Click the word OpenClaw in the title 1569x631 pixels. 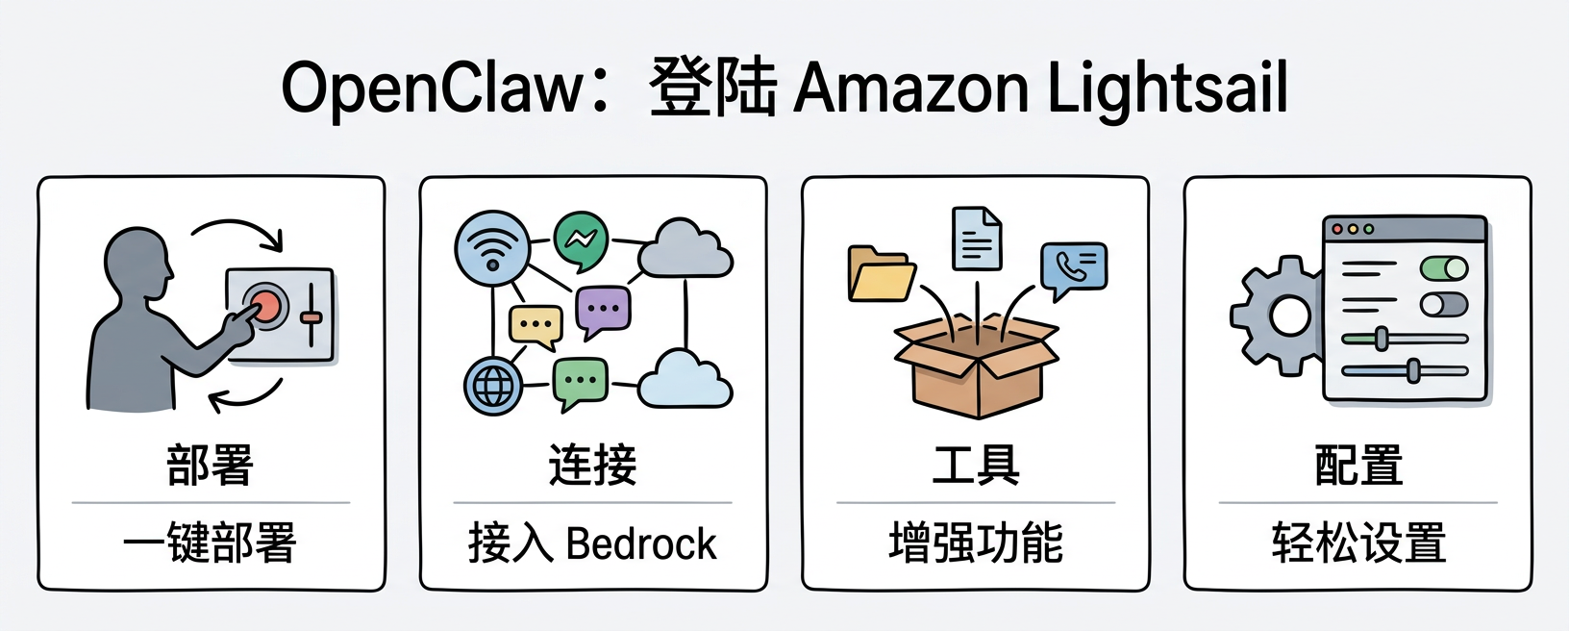[x=432, y=89]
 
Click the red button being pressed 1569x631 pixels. [x=264, y=305]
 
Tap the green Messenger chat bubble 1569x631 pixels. [x=581, y=240]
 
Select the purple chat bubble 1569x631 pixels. [x=603, y=311]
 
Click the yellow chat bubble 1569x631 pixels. [x=535, y=326]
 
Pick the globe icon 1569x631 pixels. [x=493, y=386]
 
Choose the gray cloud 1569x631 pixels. [x=685, y=249]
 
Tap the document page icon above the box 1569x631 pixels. [x=977, y=239]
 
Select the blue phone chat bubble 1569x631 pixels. [x=1074, y=268]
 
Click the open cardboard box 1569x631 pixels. [x=977, y=366]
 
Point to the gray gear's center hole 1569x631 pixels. [x=1290, y=316]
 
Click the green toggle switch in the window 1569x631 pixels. [x=1444, y=267]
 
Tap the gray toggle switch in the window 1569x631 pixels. [x=1444, y=304]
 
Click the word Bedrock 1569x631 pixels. [x=641, y=543]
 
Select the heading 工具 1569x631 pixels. [x=976, y=465]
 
